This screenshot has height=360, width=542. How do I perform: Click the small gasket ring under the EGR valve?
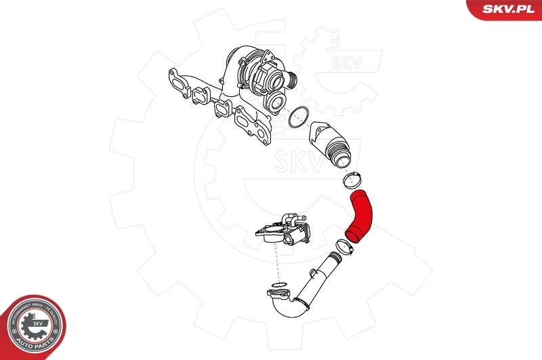278,283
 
